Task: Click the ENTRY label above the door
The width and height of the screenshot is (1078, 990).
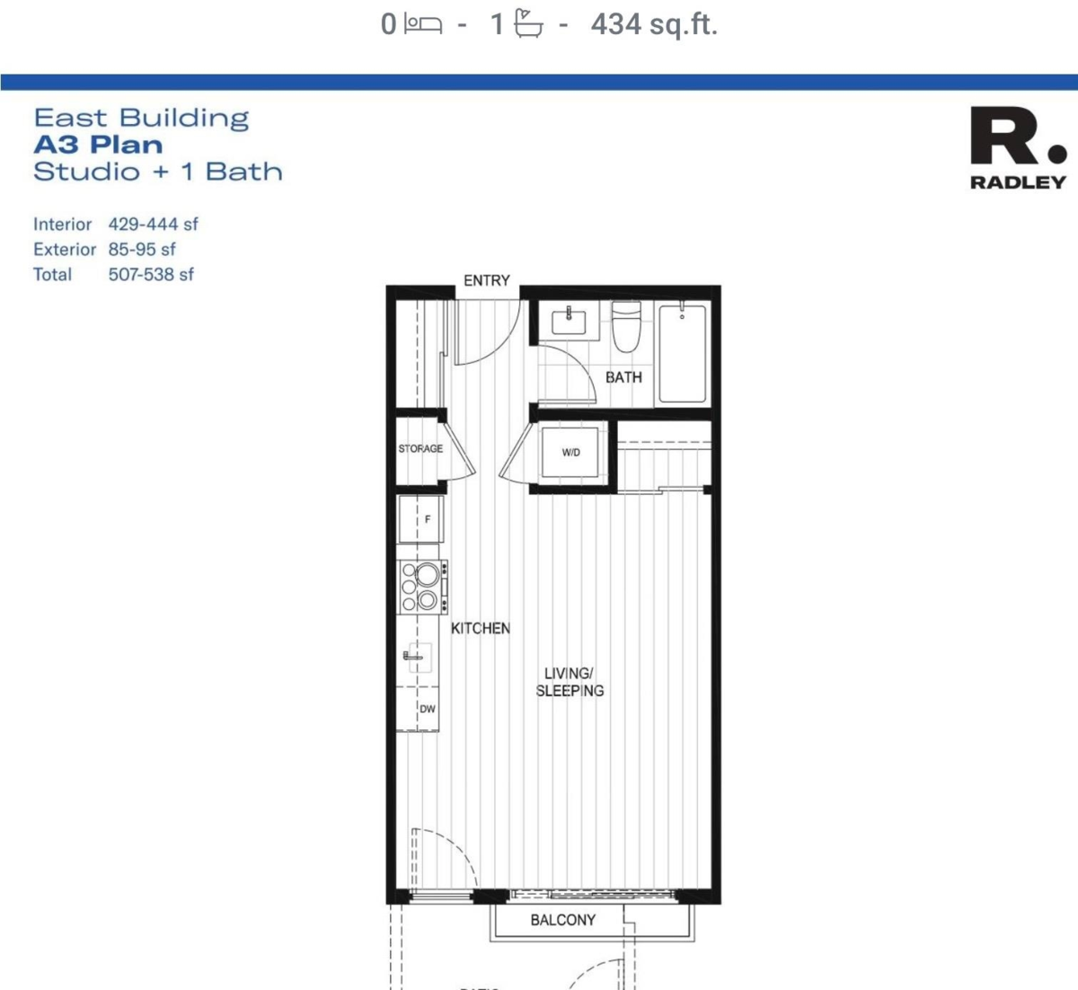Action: coord(486,280)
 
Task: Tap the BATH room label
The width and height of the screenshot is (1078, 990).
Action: coord(623,377)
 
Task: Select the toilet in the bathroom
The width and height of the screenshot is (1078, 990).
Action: coord(626,328)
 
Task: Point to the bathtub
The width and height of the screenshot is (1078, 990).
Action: coord(683,353)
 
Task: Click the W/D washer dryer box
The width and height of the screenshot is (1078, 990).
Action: coord(571,452)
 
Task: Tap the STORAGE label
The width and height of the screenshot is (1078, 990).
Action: coord(420,448)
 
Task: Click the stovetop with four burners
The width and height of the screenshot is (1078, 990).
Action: coord(420,587)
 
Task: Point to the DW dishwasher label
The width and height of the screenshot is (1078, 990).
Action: coord(428,709)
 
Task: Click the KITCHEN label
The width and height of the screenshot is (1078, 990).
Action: coord(481,628)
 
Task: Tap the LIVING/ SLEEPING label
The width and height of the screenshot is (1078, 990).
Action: coord(570,682)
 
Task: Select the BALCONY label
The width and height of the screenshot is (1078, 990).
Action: coord(562,920)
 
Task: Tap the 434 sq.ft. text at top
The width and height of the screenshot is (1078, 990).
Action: coord(654,24)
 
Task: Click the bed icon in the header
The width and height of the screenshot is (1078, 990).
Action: coord(422,24)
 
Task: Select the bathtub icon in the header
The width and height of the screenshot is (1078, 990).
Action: coord(529,24)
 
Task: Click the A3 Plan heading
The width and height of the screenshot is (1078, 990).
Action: coord(99,145)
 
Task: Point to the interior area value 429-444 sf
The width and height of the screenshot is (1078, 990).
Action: coord(153,224)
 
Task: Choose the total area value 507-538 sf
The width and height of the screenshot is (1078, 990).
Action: coord(151,274)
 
